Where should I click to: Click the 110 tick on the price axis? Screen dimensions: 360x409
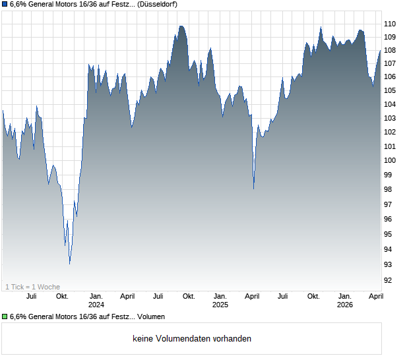coord(390,23)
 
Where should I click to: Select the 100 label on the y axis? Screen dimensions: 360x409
coord(390,160)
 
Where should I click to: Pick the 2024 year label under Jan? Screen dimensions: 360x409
coord(96,305)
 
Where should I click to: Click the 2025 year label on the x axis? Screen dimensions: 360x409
coord(220,305)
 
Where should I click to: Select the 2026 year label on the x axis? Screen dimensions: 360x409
coord(344,305)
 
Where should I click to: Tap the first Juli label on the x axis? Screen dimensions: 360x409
coord(31,296)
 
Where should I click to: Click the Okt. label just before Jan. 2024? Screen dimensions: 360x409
coord(62,296)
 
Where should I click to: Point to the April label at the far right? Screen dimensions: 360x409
coord(376,296)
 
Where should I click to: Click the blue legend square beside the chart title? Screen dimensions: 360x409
coord(5,5)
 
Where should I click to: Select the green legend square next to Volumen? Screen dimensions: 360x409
coord(5,317)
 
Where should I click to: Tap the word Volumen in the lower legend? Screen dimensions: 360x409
coord(152,317)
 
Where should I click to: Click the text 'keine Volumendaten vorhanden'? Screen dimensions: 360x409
coord(192,339)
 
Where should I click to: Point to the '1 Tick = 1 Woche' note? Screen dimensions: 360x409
coord(32,287)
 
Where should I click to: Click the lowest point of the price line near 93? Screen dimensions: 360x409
coord(69,264)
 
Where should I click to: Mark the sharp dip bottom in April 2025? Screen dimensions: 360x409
coord(254,189)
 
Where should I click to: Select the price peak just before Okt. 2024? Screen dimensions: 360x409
coord(181,26)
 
